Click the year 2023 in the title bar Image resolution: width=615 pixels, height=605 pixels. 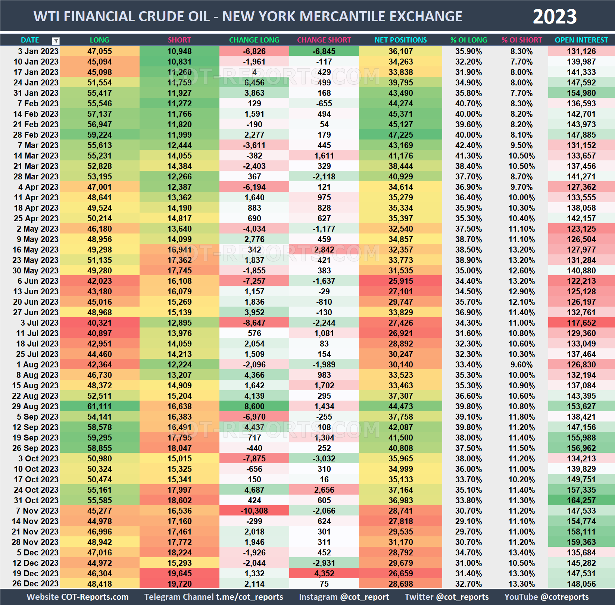(554, 17)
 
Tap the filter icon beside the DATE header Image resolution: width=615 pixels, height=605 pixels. (56, 41)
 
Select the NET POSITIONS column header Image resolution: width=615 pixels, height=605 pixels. (400, 40)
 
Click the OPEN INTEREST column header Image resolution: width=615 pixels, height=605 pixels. (581, 40)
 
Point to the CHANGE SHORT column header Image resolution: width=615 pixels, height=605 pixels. (324, 40)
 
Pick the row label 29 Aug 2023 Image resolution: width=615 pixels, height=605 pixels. (35, 406)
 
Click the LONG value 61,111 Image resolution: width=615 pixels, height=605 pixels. (99, 406)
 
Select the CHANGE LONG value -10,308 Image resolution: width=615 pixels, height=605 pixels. (254, 511)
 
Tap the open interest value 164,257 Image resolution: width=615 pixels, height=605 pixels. (581, 500)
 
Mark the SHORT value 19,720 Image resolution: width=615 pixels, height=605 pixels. (179, 584)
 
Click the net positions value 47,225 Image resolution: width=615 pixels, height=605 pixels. (400, 135)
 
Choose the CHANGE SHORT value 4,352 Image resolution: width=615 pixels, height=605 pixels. (324, 573)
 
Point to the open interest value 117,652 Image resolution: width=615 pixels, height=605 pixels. (581, 323)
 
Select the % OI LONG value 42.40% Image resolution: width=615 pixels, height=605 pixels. (468, 145)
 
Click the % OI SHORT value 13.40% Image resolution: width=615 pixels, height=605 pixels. (521, 552)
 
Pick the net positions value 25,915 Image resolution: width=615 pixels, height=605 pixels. (400, 281)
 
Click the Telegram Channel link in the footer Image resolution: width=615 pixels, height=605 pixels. (213, 597)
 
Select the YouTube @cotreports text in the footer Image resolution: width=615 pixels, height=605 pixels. (546, 597)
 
